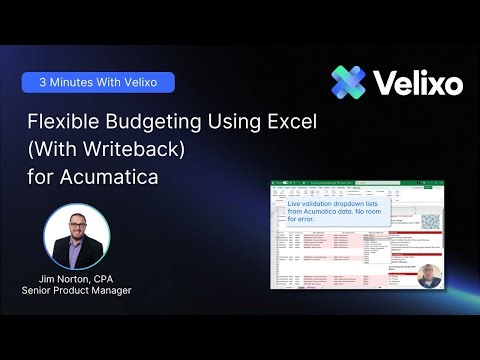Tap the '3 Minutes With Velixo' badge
click(x=99, y=82)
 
